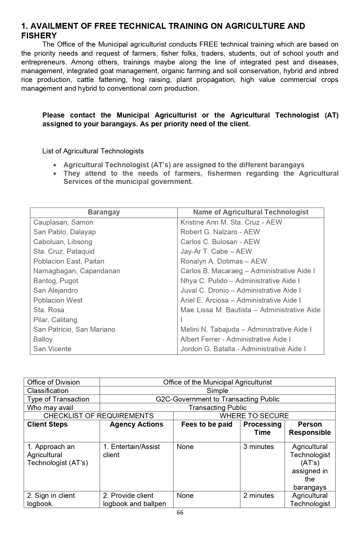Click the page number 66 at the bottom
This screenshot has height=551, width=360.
point(180,513)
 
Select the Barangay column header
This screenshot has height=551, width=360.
point(104,212)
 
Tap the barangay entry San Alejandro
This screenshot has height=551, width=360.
point(55,290)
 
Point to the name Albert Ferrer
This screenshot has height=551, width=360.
point(202,339)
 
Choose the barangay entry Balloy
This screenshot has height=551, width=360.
point(43,339)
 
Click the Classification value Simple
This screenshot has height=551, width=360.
point(217,391)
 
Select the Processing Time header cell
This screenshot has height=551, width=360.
point(262,428)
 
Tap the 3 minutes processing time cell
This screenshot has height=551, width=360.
point(259,447)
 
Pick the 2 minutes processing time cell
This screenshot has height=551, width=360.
point(259,496)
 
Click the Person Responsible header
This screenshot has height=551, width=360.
point(310,428)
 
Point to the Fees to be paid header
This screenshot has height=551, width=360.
point(207,424)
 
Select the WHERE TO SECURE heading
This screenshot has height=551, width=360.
point(254,416)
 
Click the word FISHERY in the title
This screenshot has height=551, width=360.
point(39,36)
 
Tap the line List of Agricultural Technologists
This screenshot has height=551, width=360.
point(93,151)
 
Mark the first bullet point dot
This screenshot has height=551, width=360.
point(55,165)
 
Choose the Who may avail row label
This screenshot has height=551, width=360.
point(50,407)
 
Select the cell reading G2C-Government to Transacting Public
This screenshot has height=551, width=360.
point(217,399)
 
